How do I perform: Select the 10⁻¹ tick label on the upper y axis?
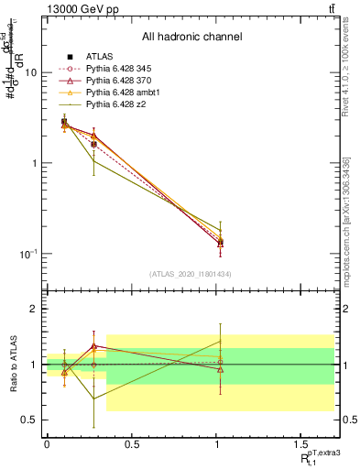tap(27, 253)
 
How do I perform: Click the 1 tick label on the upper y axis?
tap(33, 163)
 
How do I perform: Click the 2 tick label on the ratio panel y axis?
tap(33, 309)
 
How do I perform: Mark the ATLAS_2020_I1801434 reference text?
tap(190, 273)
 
